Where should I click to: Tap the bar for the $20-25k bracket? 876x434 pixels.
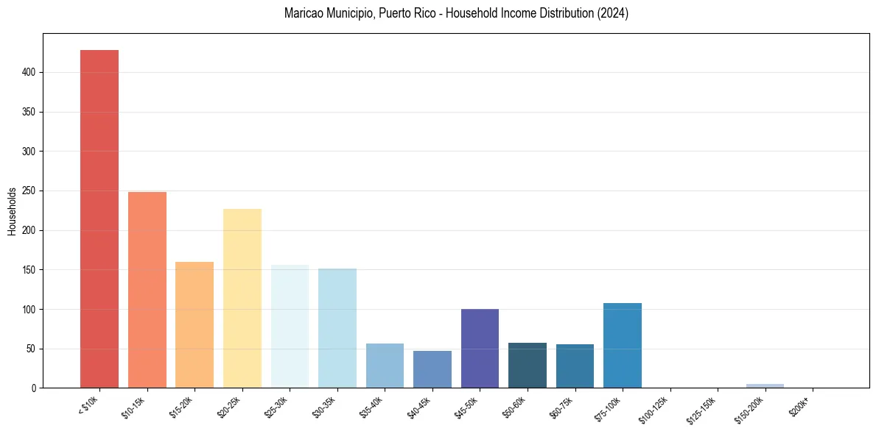(242, 298)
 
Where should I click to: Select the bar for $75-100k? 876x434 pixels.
(623, 345)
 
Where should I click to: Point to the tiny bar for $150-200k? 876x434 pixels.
(765, 385)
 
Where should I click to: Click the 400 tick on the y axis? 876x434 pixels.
(29, 73)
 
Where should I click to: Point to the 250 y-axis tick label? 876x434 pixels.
(29, 191)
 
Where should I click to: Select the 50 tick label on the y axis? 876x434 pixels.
(32, 349)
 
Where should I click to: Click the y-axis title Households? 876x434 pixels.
(12, 210)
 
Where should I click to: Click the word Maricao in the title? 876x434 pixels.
(302, 13)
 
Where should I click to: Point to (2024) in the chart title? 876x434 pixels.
(614, 13)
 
